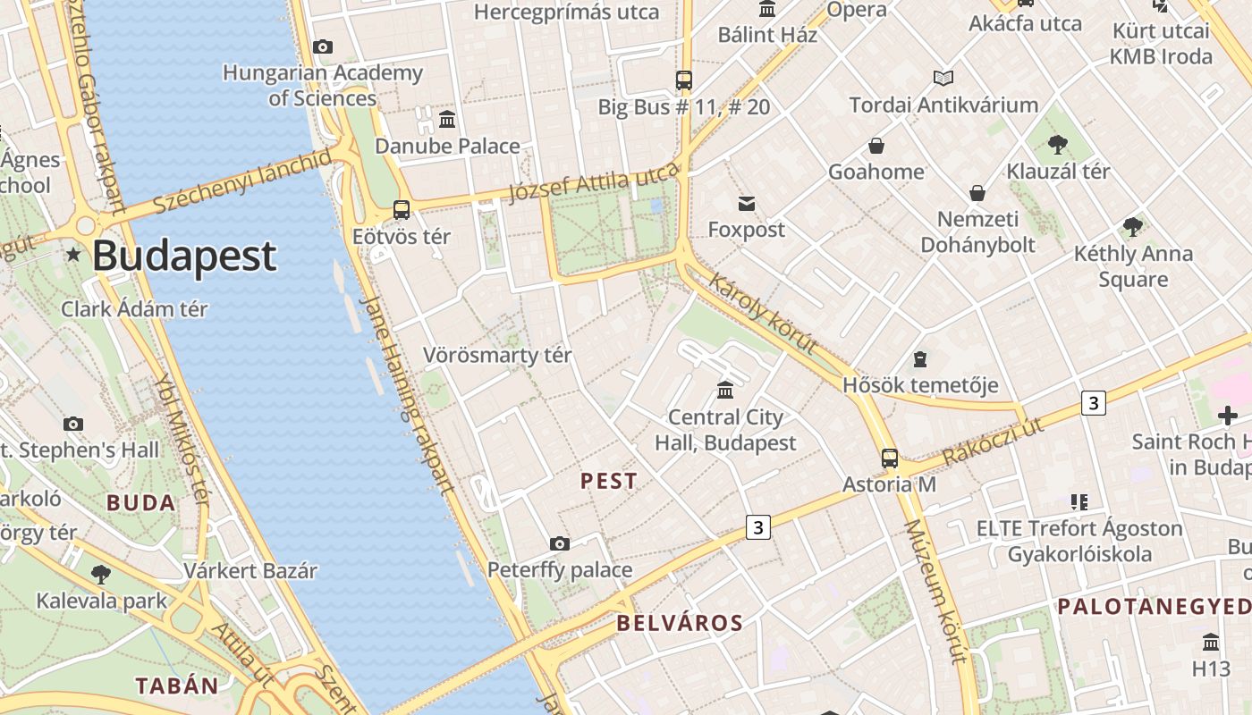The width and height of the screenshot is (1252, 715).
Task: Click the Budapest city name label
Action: click(184, 257)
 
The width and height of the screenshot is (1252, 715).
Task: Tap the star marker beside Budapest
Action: click(73, 256)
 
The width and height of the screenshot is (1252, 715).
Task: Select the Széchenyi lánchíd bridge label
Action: click(242, 182)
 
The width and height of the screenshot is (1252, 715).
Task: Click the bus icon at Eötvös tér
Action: click(402, 210)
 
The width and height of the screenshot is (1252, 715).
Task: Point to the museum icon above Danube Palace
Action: click(447, 118)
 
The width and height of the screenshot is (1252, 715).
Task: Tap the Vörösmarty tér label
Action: click(497, 355)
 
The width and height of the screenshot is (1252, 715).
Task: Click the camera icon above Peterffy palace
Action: click(560, 543)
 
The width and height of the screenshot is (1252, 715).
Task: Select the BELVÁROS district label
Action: click(680, 623)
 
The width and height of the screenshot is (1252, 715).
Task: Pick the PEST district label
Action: click(609, 481)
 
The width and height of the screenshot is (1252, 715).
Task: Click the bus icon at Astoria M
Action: click(889, 458)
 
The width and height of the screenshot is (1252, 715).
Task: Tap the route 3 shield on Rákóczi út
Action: click(1093, 403)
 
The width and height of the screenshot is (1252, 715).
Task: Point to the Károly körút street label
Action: click(763, 314)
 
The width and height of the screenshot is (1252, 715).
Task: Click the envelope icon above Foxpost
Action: click(747, 204)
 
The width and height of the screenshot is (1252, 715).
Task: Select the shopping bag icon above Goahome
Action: click(876, 146)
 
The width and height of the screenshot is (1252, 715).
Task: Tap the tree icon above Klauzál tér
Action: click(1058, 144)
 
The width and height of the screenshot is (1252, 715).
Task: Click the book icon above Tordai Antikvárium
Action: click(943, 79)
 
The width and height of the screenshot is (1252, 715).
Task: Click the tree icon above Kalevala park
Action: click(101, 574)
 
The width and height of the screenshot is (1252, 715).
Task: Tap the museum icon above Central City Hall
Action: click(725, 391)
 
